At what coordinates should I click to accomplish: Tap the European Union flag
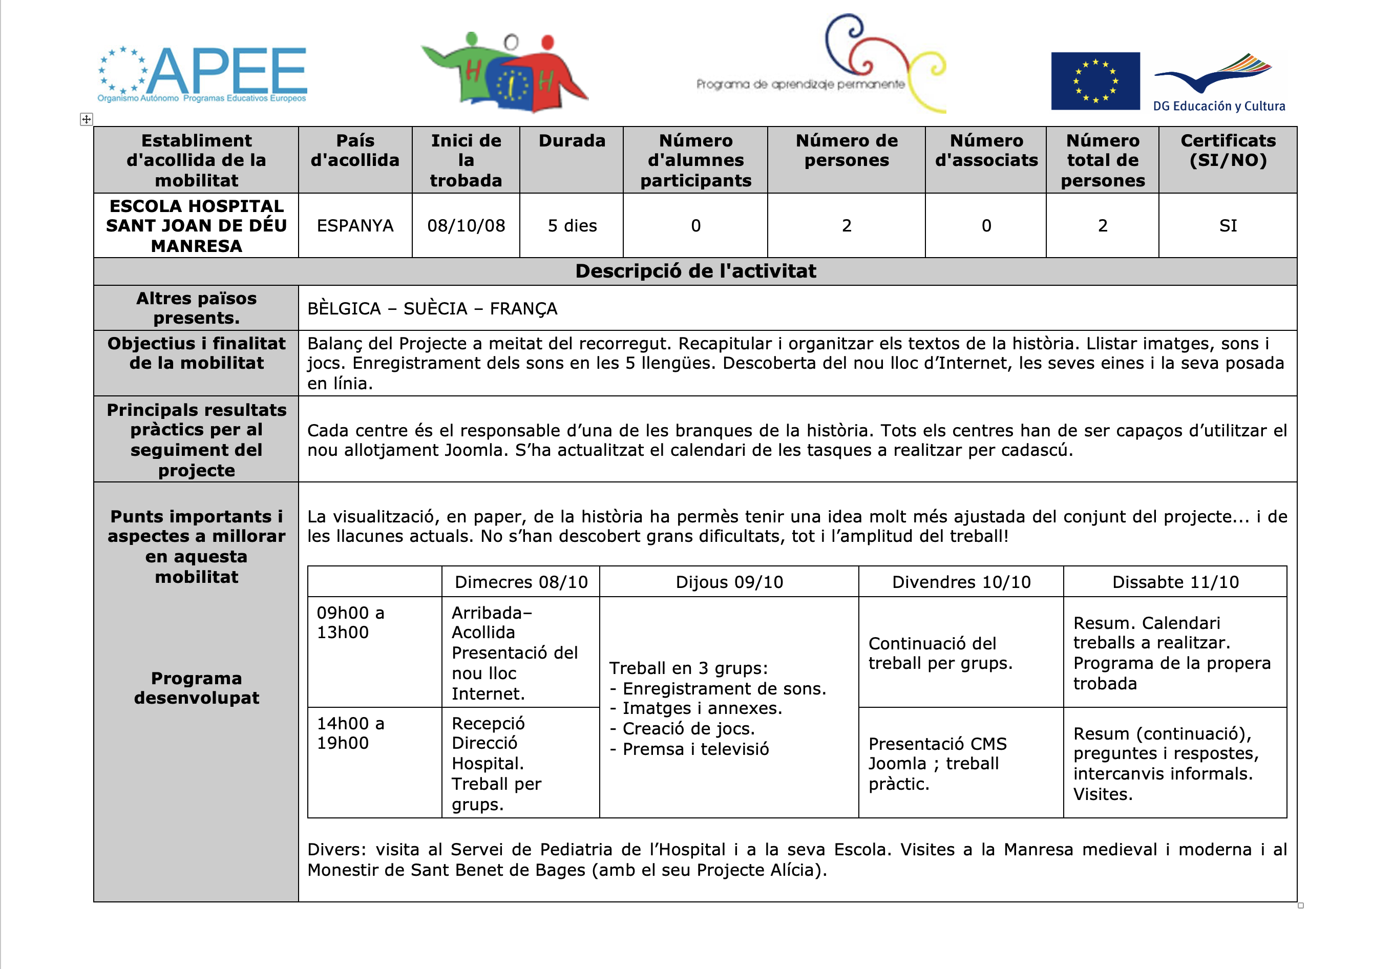pos(1094,81)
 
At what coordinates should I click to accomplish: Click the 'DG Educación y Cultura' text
pos(1218,106)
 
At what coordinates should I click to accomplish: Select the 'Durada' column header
pos(572,141)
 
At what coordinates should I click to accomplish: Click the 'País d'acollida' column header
pos(355,151)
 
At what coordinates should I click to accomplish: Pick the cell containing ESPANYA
pos(355,226)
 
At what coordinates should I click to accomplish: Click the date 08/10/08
pos(466,226)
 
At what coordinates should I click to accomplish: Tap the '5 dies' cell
pos(572,226)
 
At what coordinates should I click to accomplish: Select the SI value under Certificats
pos(1228,226)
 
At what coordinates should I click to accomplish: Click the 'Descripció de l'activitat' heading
pos(695,271)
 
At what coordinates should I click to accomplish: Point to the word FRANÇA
pos(523,309)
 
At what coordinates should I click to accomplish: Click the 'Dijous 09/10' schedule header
pos(729,582)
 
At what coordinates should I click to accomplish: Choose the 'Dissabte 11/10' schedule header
pos(1175,582)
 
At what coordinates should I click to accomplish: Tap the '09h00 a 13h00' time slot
pos(351,623)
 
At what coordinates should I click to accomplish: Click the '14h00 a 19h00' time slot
pos(351,733)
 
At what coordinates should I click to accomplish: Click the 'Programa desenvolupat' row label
pos(196,688)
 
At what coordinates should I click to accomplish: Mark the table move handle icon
pos(86,119)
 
